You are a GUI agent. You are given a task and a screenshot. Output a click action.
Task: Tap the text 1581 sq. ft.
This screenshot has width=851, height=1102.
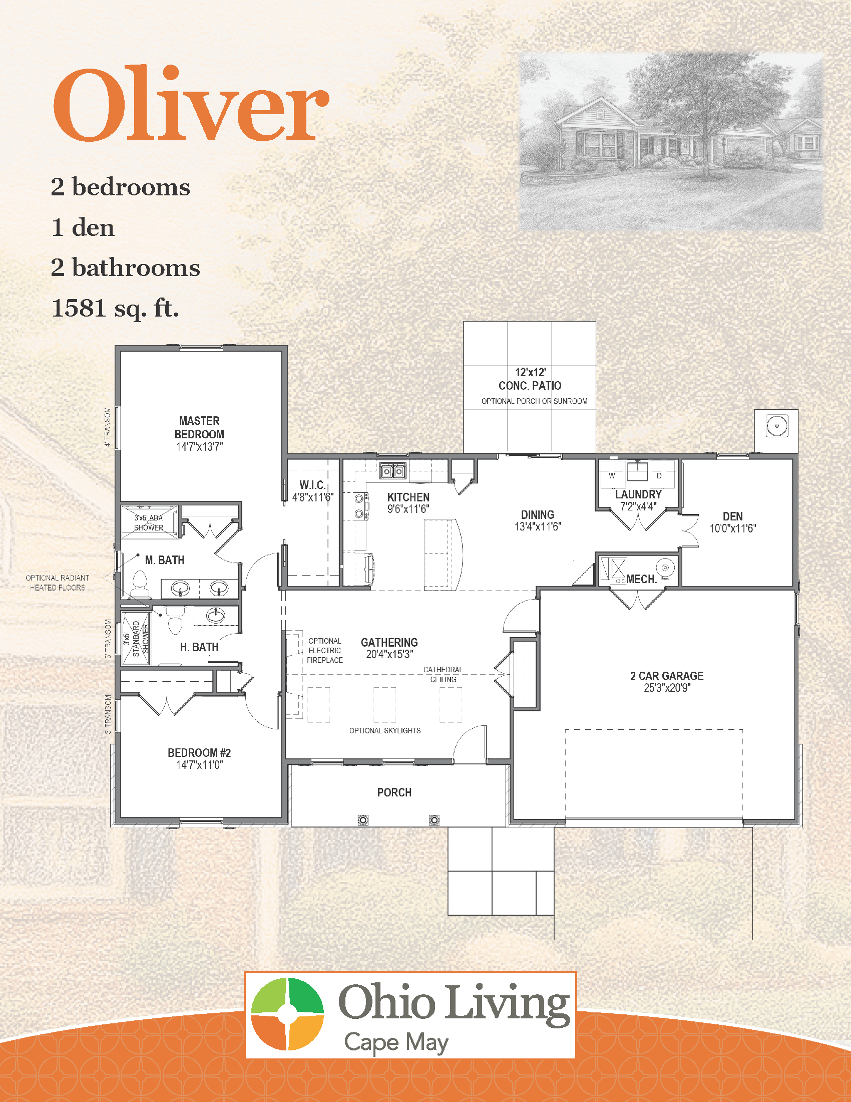115,308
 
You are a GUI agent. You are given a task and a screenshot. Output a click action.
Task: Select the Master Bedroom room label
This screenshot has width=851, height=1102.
199,427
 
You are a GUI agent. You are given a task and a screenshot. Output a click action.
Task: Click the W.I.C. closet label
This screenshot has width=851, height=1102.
312,485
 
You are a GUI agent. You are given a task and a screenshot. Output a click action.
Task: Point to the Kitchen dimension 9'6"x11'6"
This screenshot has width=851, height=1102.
408,509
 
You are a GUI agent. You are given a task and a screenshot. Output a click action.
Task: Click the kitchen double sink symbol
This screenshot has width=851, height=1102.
393,471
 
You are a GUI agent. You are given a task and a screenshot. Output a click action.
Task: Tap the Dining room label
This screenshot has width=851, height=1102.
538,514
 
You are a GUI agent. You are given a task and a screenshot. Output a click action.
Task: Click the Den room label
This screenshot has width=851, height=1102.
732,516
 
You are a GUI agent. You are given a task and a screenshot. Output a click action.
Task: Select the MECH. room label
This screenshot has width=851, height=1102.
641,579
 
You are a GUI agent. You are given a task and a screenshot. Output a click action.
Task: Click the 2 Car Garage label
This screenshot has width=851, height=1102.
666,676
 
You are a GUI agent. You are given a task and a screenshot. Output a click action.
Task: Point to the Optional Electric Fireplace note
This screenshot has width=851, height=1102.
325,650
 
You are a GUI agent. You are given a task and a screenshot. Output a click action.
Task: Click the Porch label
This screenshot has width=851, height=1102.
394,792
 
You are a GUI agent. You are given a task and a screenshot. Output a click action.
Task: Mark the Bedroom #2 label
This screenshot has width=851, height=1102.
199,752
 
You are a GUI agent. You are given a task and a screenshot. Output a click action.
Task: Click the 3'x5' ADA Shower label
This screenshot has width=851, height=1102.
149,523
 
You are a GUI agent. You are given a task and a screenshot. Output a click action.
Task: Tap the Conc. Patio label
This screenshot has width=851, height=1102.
530,386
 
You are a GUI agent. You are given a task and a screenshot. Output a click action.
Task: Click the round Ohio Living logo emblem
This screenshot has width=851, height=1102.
287,1014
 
